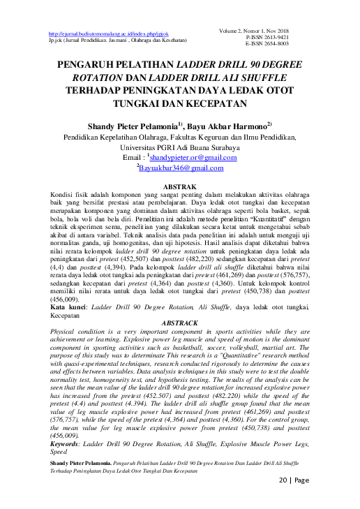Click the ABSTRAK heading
coord(179,188)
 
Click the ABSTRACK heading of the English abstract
coord(179,323)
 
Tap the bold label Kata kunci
coord(69,307)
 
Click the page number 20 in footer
coord(284,480)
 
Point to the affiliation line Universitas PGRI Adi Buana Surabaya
coord(180,149)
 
